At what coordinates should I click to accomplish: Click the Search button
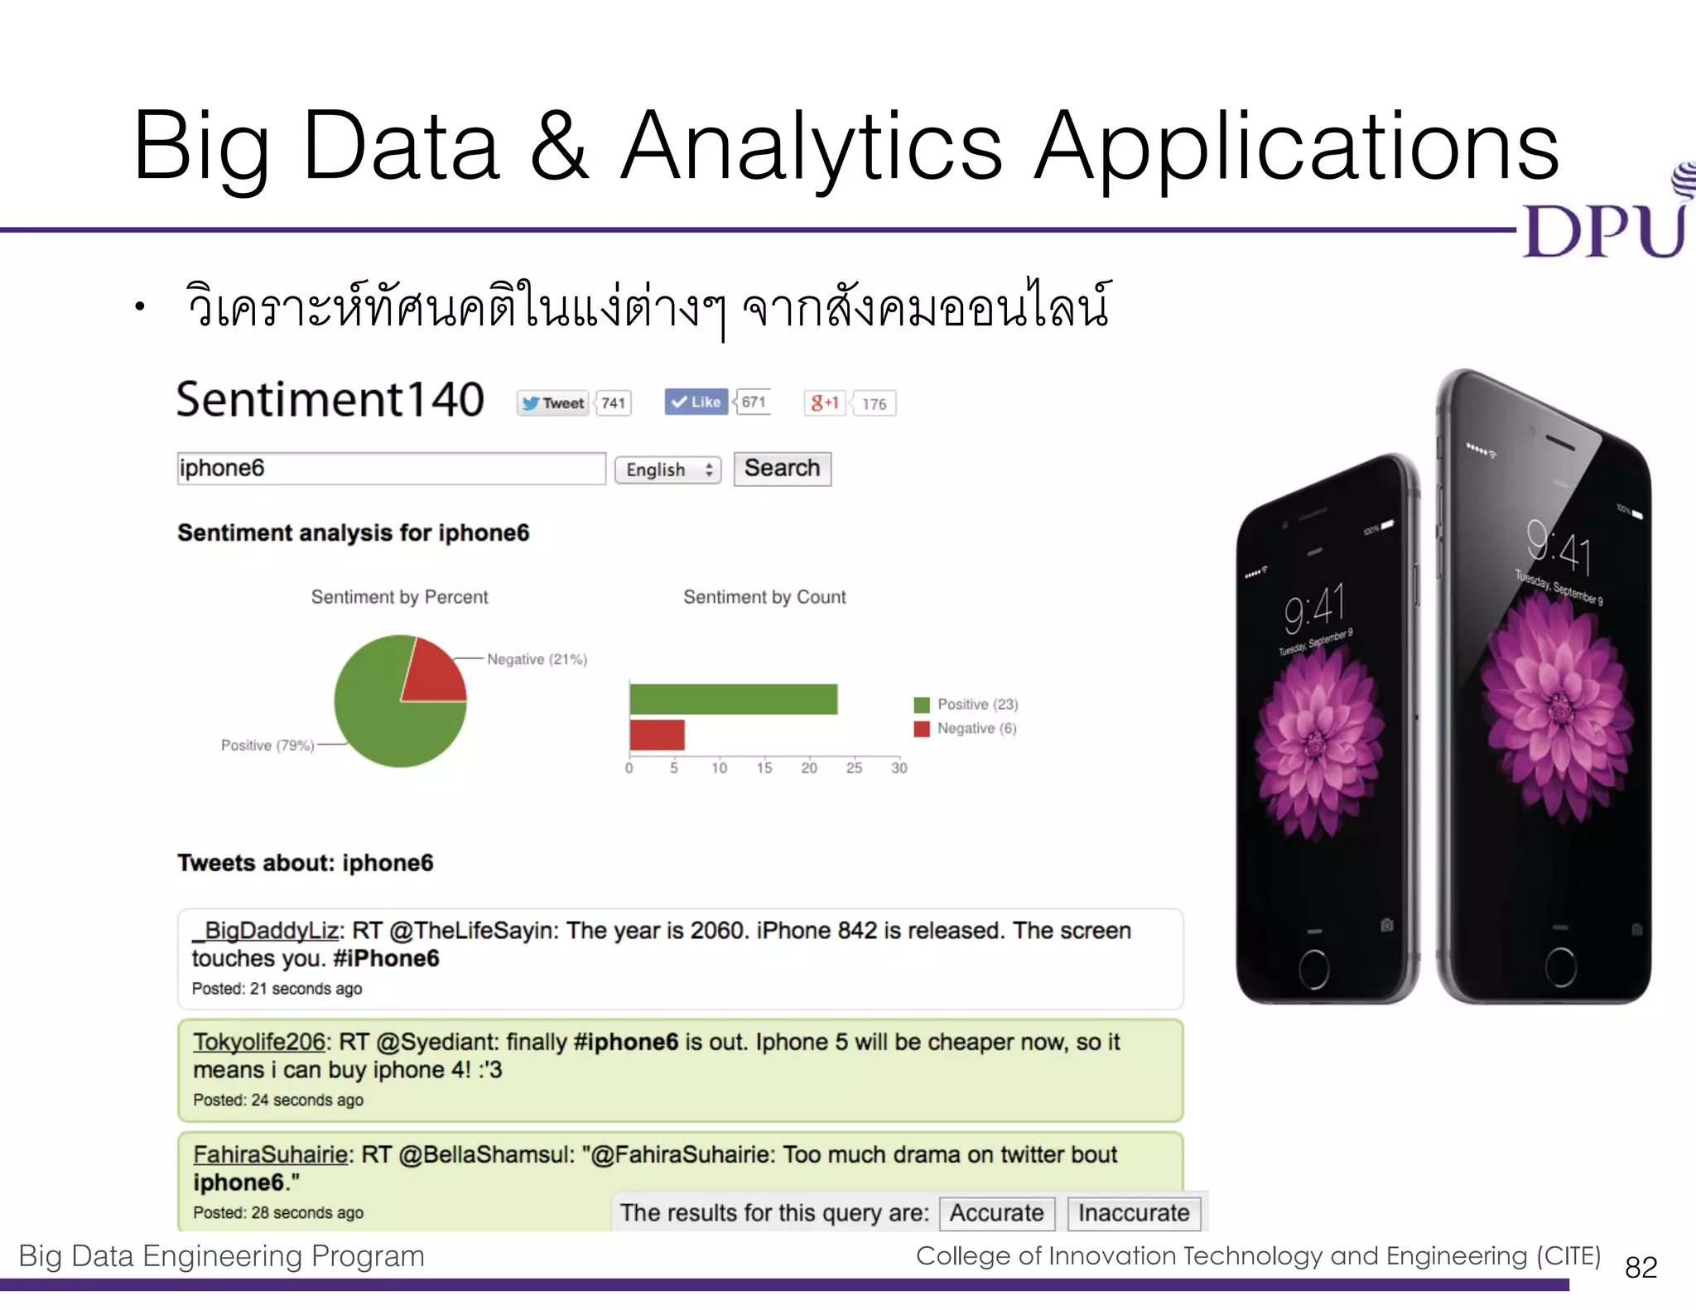point(782,469)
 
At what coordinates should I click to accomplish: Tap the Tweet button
point(553,403)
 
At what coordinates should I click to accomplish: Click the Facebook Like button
point(696,402)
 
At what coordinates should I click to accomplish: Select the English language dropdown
point(668,470)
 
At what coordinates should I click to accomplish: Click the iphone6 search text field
point(391,469)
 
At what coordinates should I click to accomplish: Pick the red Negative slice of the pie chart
point(433,672)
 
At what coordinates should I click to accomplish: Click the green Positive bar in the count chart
point(733,699)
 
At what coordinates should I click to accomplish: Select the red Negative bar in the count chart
point(657,734)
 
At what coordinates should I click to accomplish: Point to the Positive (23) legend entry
point(966,705)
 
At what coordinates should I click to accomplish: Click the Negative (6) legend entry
point(966,729)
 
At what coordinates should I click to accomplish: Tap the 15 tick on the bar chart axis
point(764,768)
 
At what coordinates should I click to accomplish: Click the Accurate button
point(996,1213)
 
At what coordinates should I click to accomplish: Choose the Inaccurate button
point(1133,1213)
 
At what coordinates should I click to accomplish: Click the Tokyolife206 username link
point(258,1043)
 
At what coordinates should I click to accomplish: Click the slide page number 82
point(1641,1267)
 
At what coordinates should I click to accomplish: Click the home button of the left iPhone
point(1314,969)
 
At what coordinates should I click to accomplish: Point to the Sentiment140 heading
point(330,400)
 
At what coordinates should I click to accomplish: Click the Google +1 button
point(825,403)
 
